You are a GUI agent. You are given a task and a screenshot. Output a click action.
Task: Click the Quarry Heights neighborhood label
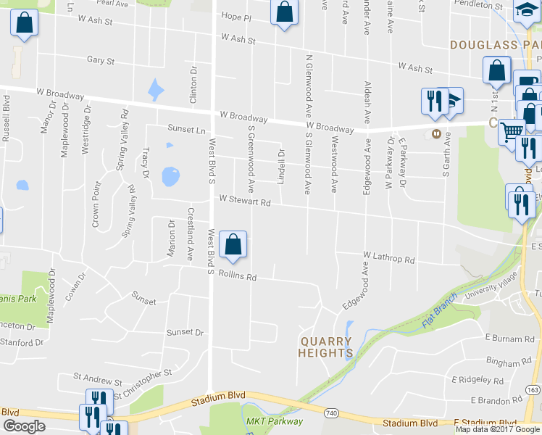325,347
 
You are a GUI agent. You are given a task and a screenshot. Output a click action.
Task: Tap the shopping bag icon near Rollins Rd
233,245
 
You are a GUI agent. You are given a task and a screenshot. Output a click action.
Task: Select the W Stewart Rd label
245,201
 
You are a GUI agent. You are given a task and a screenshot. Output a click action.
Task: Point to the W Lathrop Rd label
389,258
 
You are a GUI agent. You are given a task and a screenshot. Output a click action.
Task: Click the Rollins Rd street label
238,276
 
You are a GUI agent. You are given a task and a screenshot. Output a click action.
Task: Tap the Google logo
24,426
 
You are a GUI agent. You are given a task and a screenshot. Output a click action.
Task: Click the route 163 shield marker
533,389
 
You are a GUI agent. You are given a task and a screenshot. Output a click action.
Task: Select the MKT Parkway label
275,420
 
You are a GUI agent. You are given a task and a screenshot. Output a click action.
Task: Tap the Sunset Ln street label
186,129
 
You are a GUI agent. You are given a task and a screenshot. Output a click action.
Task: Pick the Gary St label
100,61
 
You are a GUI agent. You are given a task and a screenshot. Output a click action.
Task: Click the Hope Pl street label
235,17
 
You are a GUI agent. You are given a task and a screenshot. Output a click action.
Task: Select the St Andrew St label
97,379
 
